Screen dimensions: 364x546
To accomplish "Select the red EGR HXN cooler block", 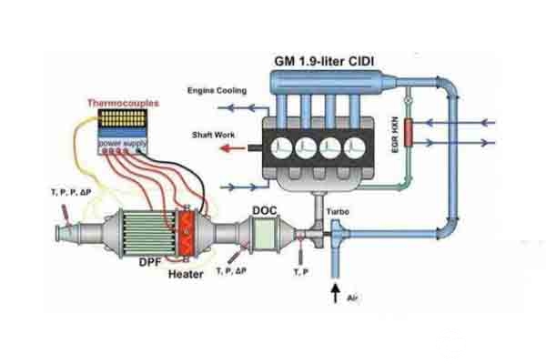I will point(409,132).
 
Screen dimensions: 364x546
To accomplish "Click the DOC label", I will point(266,210).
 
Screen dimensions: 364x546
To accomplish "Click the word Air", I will point(351,297).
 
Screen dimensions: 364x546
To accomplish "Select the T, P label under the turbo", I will point(300,272).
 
